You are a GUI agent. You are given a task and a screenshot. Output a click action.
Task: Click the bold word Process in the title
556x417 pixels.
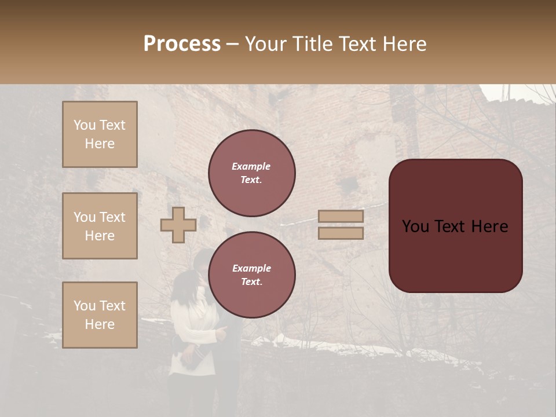[x=182, y=44]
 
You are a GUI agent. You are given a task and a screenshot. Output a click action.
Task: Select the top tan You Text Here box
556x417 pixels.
[x=100, y=134]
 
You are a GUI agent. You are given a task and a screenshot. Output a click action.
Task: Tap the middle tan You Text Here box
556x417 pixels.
[x=100, y=226]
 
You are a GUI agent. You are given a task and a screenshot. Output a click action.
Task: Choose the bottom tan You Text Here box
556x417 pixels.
[x=100, y=315]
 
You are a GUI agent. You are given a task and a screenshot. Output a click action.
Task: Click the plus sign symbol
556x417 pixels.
[x=178, y=225]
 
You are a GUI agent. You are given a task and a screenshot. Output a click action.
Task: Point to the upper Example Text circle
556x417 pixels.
[x=252, y=173]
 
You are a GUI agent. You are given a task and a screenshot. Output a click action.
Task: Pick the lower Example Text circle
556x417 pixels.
[x=252, y=275]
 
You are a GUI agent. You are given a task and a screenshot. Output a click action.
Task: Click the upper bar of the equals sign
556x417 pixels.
[x=341, y=217]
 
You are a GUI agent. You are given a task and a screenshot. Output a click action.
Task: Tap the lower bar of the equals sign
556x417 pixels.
[x=341, y=233]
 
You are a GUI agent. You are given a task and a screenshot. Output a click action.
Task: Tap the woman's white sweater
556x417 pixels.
[x=194, y=330]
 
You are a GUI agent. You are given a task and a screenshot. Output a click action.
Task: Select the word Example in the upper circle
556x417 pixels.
[x=251, y=167]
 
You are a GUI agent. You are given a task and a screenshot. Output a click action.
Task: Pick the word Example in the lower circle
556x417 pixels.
[x=251, y=269]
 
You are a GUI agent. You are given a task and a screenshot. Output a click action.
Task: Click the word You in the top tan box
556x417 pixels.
[x=84, y=125]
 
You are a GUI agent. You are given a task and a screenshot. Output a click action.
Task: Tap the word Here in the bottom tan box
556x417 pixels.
[x=100, y=324]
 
